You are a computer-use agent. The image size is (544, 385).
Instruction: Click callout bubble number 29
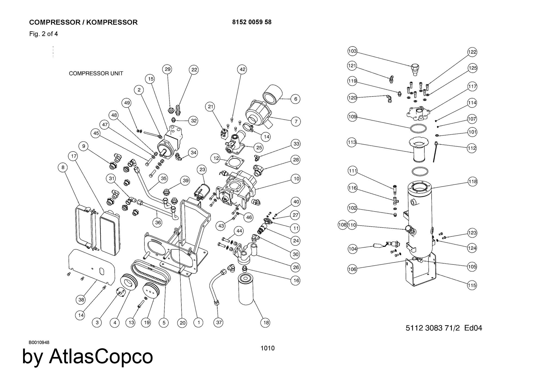click(168, 69)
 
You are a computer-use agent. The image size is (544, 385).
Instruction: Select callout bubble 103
click(352, 51)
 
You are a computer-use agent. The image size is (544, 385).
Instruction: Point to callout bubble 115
click(472, 285)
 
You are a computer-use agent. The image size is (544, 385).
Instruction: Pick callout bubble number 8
click(63, 167)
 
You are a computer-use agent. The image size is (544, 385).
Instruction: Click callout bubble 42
click(242, 69)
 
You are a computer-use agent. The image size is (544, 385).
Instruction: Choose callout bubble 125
click(472, 68)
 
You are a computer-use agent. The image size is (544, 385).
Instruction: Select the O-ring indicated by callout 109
click(418, 128)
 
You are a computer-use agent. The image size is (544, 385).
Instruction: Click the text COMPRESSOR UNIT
click(96, 73)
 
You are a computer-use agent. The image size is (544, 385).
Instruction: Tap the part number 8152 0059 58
click(252, 22)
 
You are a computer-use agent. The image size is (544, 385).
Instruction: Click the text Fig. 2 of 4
click(44, 34)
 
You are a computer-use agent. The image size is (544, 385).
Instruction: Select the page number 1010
click(267, 348)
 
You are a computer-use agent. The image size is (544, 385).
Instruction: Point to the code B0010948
click(39, 342)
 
